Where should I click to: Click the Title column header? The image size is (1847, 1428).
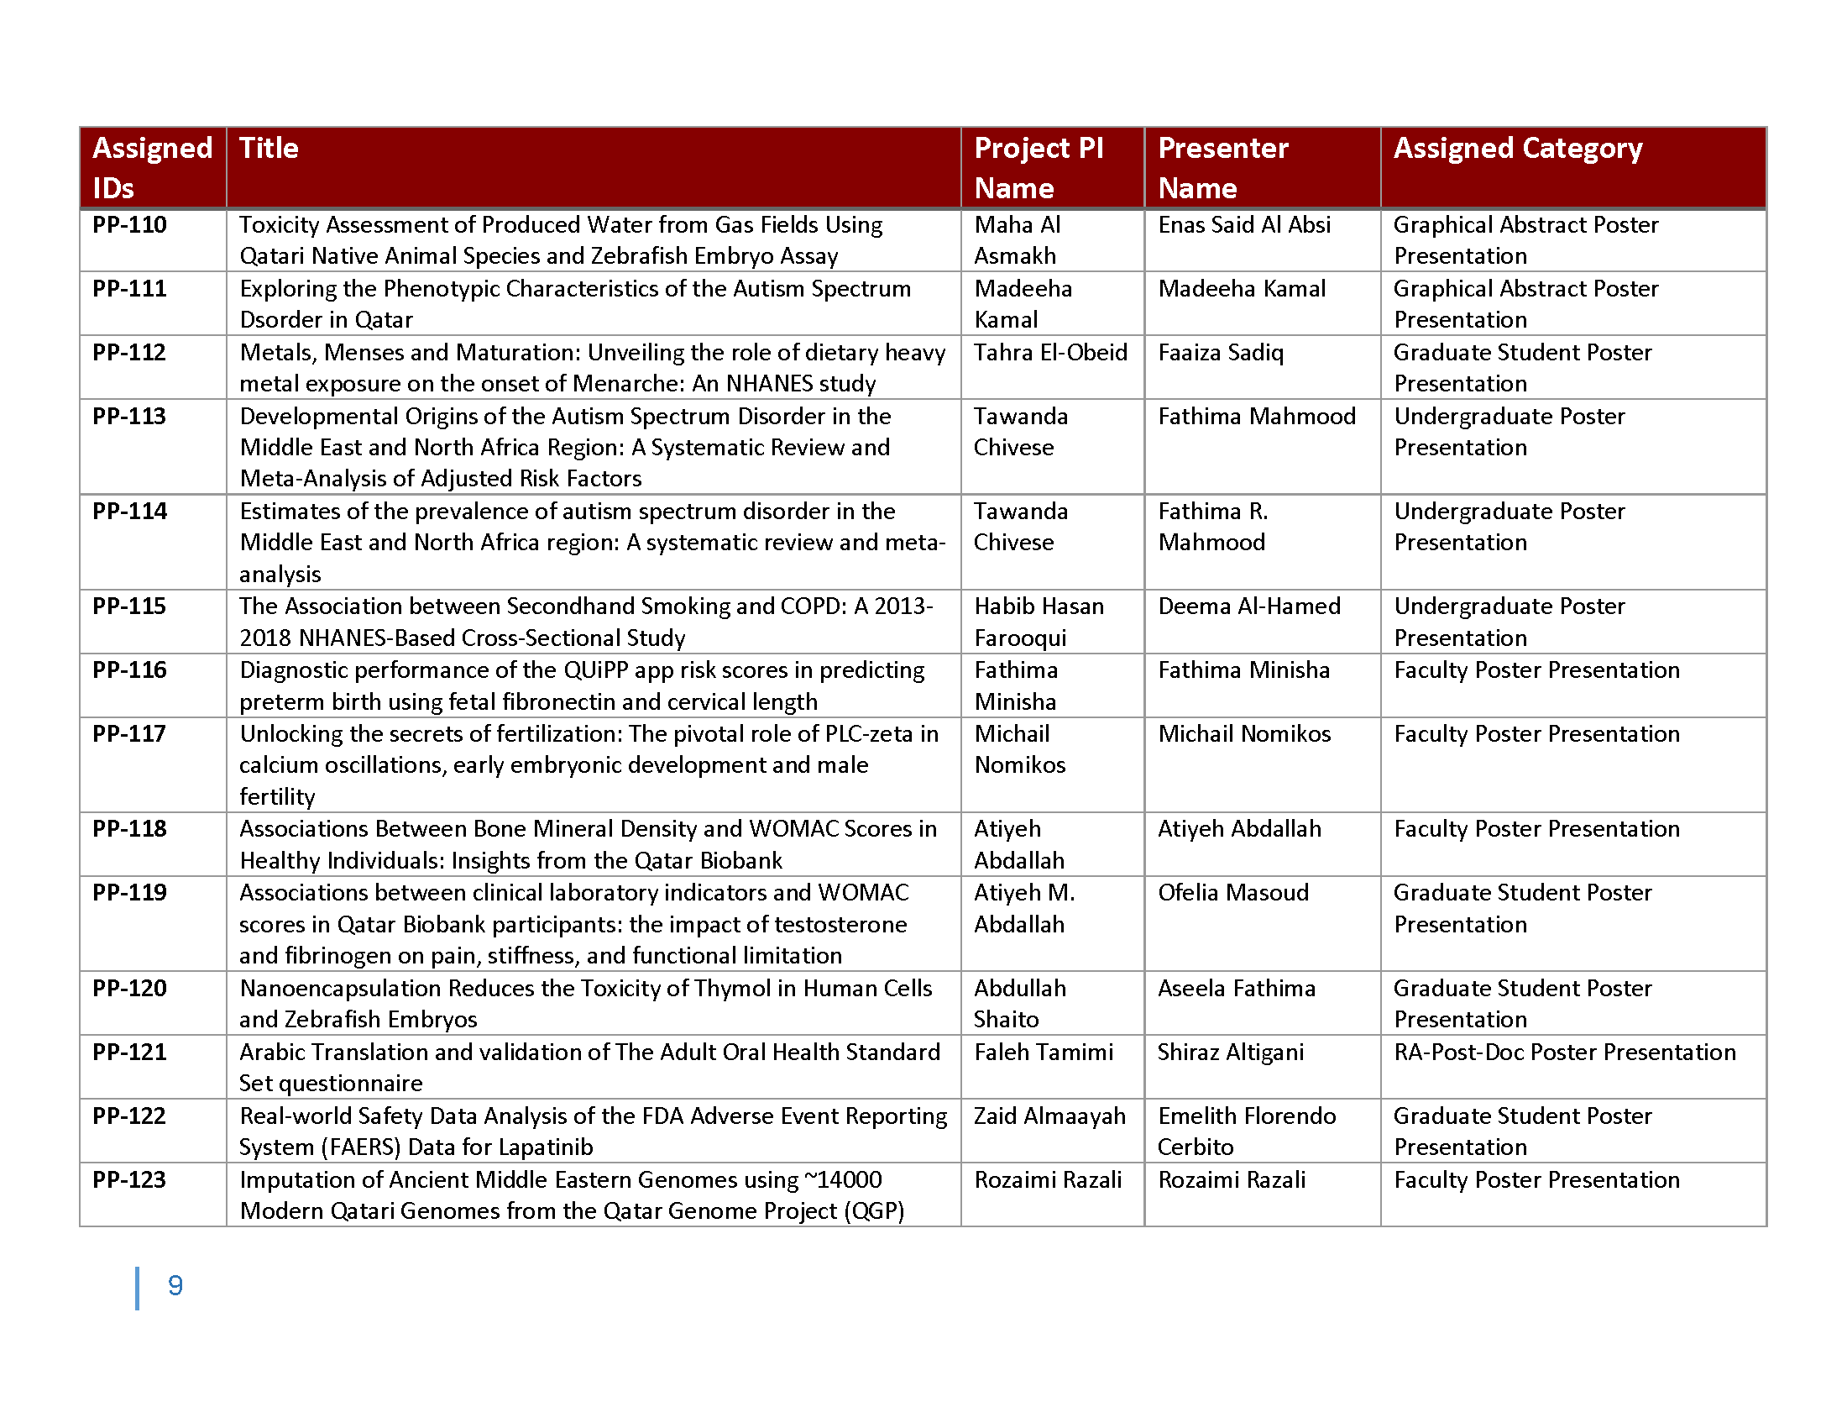pos(269,149)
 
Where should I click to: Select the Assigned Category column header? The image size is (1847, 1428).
pos(1517,149)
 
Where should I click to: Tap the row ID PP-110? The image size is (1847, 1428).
pos(129,225)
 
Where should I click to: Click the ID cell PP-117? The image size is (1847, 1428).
pos(129,733)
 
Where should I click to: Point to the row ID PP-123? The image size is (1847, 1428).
pos(129,1179)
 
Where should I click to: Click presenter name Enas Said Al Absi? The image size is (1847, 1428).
pos(1244,225)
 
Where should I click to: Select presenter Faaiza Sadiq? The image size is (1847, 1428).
pos(1221,353)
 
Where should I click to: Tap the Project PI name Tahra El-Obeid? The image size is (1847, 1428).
pos(1050,353)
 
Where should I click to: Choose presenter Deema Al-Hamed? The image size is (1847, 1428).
pos(1249,606)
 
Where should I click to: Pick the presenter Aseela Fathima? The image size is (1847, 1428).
pos(1237,988)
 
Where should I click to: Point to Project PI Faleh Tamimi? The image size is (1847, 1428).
pos(1044,1053)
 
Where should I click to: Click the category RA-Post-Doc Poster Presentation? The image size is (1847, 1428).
pos(1565,1053)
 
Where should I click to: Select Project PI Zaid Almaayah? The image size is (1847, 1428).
pos(1049,1116)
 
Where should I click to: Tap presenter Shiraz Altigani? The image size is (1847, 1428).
pos(1231,1053)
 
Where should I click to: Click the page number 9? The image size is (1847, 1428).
pos(175,1286)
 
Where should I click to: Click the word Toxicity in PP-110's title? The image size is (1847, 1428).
pos(279,225)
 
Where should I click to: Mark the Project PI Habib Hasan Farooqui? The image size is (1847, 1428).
pos(1039,622)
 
